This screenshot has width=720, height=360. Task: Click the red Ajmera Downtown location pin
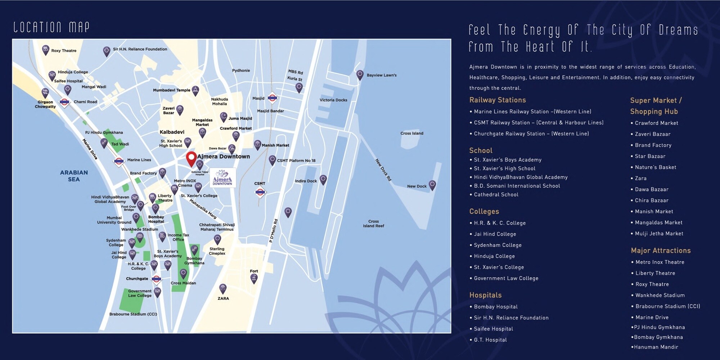pos(191,158)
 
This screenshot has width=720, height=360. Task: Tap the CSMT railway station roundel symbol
pos(260,192)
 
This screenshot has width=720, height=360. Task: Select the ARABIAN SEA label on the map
pos(74,176)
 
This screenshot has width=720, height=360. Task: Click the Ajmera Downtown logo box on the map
pos(222,177)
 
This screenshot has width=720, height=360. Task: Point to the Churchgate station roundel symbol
pos(156,279)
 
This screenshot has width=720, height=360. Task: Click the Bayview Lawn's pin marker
pos(360,75)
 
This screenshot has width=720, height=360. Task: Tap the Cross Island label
pos(412,133)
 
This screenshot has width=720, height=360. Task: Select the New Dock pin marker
pos(432,185)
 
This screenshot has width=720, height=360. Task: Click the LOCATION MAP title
pos(51,27)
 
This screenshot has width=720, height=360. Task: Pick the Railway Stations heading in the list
pos(497,100)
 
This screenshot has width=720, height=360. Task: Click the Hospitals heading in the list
pos(485,295)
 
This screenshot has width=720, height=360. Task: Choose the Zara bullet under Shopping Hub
pos(640,178)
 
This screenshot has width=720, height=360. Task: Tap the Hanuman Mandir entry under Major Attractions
pos(656,347)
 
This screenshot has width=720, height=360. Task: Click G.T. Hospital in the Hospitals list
pos(490,340)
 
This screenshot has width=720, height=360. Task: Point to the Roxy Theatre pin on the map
pos(46,50)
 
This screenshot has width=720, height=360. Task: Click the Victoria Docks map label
pos(333,100)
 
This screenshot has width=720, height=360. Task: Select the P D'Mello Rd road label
pos(273,231)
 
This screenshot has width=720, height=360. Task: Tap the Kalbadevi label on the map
pos(172,132)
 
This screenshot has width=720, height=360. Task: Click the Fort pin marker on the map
pos(254,278)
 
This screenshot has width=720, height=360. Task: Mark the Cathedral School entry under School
pos(496,194)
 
